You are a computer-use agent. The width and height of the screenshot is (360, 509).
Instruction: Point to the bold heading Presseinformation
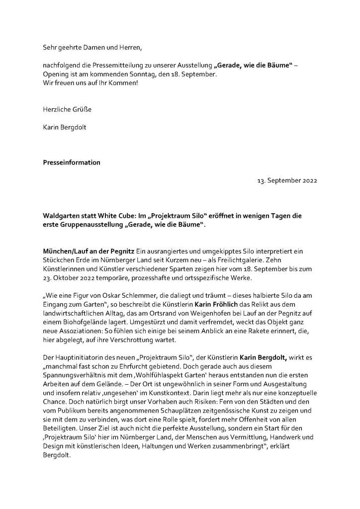[72, 162]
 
